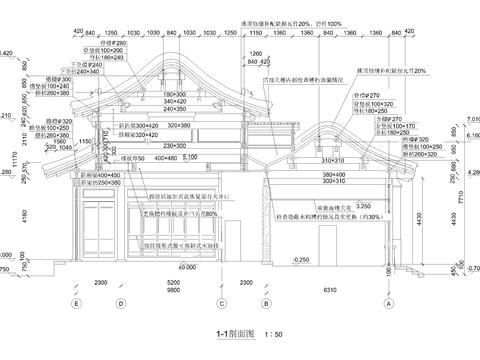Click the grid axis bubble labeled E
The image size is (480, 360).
76,303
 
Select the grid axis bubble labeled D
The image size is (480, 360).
119,303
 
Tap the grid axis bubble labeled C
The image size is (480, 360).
217,303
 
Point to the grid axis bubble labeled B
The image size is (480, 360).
263,303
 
